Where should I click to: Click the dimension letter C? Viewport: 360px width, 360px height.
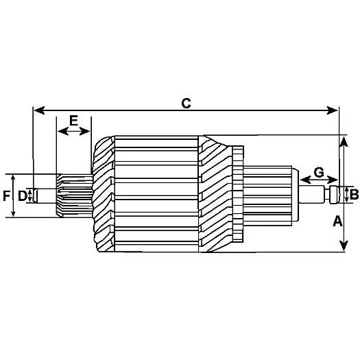click(186, 104)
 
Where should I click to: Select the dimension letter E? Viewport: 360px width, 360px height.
click(73, 121)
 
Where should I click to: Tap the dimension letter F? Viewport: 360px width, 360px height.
click(6, 196)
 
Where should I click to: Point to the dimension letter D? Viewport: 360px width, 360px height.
click(23, 196)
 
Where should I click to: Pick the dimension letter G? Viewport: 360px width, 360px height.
click(319, 173)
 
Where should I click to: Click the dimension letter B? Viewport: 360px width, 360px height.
click(354, 195)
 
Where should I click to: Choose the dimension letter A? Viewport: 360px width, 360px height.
click(337, 221)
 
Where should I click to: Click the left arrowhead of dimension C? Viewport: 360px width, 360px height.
click(39, 110)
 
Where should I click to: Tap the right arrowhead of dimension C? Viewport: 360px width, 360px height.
click(332, 110)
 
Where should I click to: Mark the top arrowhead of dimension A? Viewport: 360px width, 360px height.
click(344, 142)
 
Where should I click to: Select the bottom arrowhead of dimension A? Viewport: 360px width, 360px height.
click(344, 245)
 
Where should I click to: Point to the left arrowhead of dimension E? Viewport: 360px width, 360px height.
click(63, 132)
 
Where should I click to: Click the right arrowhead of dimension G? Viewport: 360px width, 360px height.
click(332, 180)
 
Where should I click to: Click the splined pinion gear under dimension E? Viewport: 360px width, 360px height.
click(75, 195)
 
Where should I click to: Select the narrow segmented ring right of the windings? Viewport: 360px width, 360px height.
click(238, 194)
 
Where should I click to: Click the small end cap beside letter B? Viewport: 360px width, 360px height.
click(335, 195)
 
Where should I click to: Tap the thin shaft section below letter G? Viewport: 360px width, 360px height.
click(311, 194)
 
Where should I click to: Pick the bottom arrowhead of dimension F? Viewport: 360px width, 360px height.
click(13, 214)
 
